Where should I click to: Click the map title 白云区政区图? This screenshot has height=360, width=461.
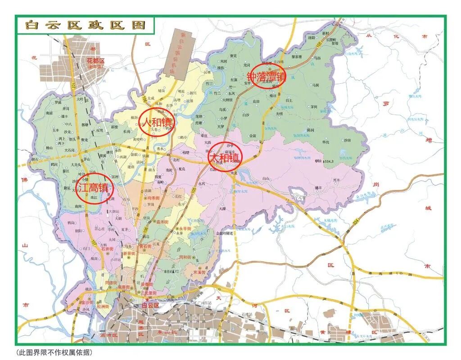(x=85, y=25)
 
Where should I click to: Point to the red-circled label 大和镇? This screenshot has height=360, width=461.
(x=225, y=157)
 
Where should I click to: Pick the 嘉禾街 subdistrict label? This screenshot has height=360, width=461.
(x=162, y=222)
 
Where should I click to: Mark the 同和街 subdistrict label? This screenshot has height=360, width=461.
(x=186, y=257)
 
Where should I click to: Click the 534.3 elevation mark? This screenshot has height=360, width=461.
(x=323, y=160)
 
